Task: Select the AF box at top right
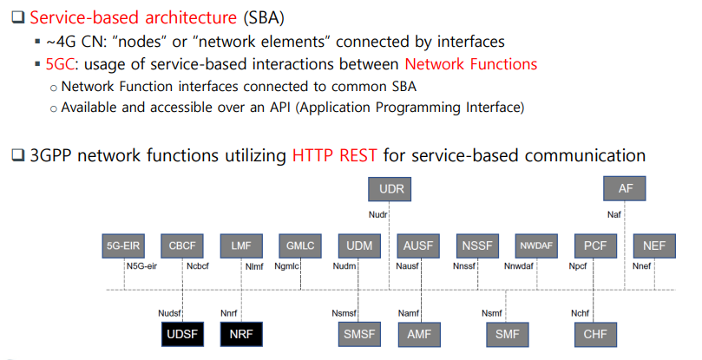click(625, 188)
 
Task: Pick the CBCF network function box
click(181, 246)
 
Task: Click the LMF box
click(240, 246)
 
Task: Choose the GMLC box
click(299, 246)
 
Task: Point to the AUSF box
click(418, 246)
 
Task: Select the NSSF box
click(477, 246)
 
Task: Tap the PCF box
click(596, 246)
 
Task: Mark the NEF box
click(655, 246)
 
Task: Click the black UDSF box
click(181, 333)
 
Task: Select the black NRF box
click(240, 333)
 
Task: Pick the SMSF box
click(359, 333)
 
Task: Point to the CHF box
click(596, 333)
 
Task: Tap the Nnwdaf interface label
click(520, 268)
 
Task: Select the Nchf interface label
click(581, 311)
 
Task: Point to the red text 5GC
click(62, 64)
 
